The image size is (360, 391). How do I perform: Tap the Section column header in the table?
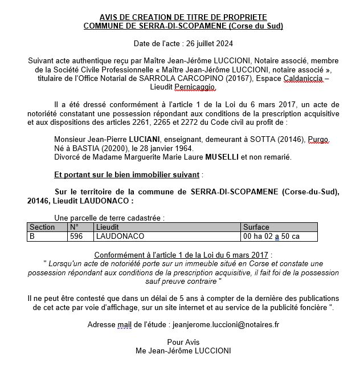tap(42, 227)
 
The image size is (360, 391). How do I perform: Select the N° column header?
tap(74, 227)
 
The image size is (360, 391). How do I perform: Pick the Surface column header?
tap(256, 227)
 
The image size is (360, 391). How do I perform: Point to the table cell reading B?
tap(32, 235)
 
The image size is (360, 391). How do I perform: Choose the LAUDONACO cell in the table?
tap(120, 235)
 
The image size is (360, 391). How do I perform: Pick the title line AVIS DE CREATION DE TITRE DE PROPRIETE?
tap(183, 18)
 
